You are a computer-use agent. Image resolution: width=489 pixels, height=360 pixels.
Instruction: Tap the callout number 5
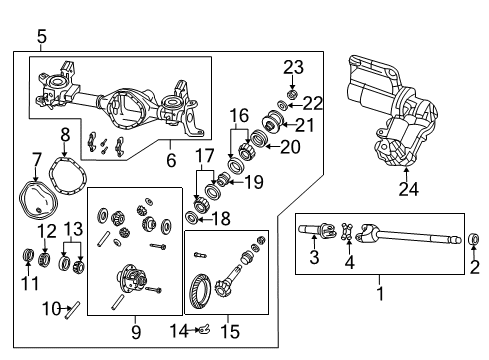(41, 38)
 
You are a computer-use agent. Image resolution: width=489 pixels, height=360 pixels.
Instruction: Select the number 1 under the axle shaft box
(378, 294)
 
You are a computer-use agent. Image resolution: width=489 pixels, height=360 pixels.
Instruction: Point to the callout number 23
(292, 68)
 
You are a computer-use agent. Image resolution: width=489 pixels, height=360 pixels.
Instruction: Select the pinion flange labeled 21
(269, 125)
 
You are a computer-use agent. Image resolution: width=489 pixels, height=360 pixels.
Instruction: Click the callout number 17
(204, 156)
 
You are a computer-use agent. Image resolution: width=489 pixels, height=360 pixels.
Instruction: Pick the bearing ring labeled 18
(192, 218)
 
